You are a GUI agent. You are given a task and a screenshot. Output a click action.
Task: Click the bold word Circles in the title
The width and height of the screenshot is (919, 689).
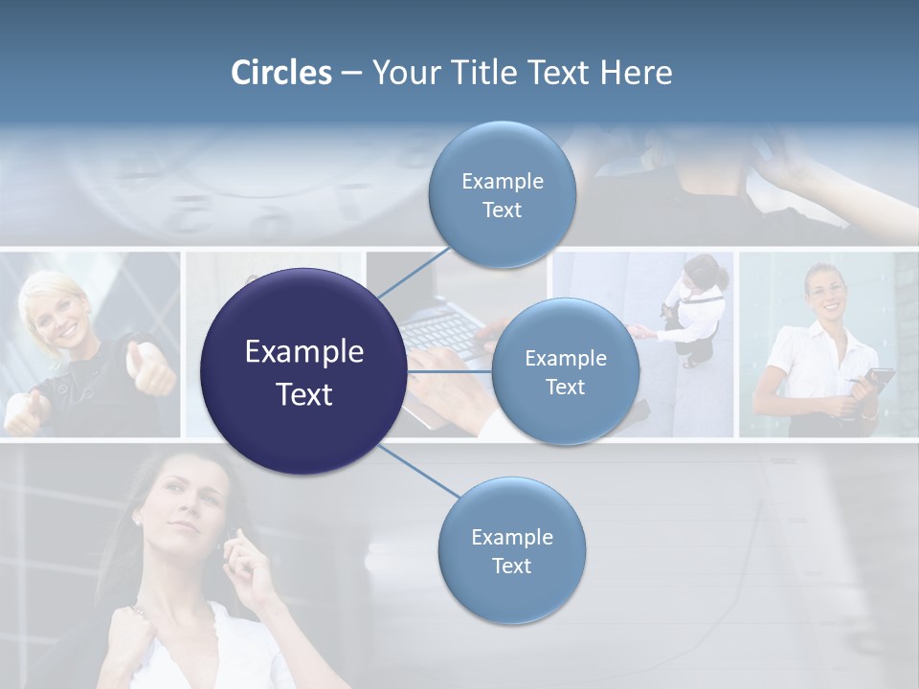coord(280,73)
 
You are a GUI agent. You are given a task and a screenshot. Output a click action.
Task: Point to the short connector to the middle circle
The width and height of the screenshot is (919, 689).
coord(449,370)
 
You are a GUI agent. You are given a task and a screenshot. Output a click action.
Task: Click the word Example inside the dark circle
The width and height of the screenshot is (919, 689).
coord(303,352)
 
